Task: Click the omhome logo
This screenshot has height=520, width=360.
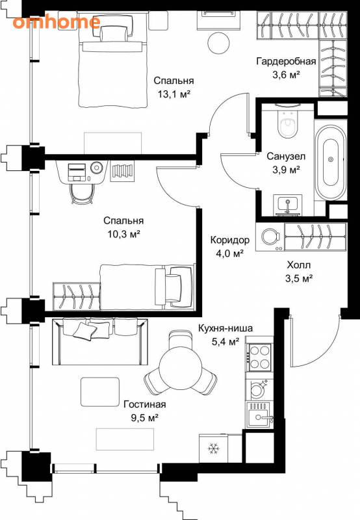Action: (x=57, y=22)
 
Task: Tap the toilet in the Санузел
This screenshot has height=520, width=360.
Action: (x=287, y=123)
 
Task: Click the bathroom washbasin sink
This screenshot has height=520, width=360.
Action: (x=287, y=205)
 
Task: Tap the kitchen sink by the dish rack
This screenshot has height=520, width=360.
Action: (x=259, y=416)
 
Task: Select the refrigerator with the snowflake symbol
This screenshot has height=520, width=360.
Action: (x=214, y=448)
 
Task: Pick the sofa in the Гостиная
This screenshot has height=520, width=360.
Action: (x=100, y=342)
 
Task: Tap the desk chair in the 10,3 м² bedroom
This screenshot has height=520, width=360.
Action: (x=82, y=194)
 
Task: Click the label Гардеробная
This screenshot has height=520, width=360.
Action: (x=286, y=61)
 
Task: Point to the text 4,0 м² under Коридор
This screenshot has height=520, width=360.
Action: (x=230, y=253)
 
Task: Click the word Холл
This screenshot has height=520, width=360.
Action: (x=299, y=265)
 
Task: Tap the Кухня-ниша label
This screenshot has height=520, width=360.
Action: (x=225, y=328)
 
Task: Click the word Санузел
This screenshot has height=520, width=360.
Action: (x=286, y=156)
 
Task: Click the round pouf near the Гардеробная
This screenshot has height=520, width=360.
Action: (x=218, y=42)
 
